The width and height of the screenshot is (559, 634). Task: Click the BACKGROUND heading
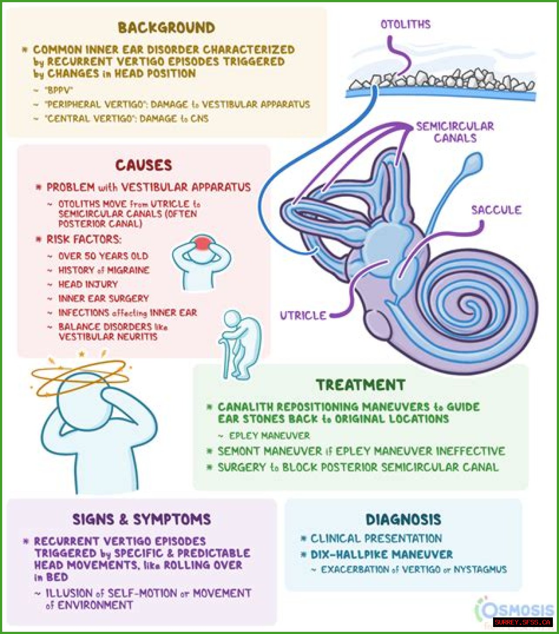(x=166, y=28)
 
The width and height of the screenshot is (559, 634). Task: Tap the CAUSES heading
(x=144, y=165)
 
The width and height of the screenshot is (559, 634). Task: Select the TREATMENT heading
(x=361, y=385)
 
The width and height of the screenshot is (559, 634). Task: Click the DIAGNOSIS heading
(x=404, y=519)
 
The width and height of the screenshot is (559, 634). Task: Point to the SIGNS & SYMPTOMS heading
(x=141, y=519)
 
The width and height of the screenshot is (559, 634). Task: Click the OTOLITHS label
(x=405, y=24)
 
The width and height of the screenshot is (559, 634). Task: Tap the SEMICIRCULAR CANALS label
(x=455, y=132)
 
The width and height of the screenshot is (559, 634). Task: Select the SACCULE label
(x=496, y=210)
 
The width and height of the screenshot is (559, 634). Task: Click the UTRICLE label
(x=303, y=315)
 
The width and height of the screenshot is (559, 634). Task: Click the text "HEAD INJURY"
(x=88, y=284)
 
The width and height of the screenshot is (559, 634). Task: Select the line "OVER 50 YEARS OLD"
(x=103, y=256)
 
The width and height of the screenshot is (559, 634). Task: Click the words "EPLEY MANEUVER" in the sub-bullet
(x=269, y=435)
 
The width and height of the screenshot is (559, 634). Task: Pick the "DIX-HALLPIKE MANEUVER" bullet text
(x=382, y=555)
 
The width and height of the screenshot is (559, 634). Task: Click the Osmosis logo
(x=515, y=609)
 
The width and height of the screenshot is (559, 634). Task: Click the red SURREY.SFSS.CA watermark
(x=522, y=622)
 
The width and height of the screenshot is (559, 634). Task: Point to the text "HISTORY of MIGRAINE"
(x=104, y=271)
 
